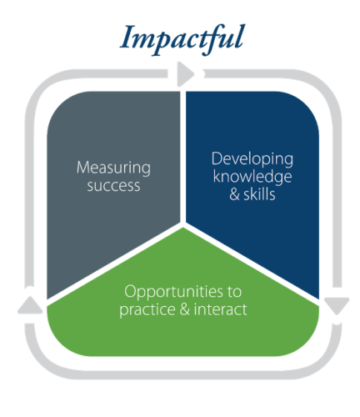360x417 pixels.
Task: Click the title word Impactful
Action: pyautogui.click(x=182, y=39)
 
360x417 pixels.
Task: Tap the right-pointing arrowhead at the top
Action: pyautogui.click(x=186, y=74)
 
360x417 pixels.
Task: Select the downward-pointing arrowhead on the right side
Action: pyautogui.click(x=337, y=305)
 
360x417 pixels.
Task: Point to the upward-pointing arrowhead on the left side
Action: pyautogui.click(x=30, y=305)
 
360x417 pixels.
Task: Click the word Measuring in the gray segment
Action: pyautogui.click(x=113, y=168)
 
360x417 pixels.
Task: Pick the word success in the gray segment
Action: pyautogui.click(x=113, y=186)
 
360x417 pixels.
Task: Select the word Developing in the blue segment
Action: pyautogui.click(x=252, y=159)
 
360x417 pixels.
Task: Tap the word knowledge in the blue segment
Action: pyautogui.click(x=252, y=177)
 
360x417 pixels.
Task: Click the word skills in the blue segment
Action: pyautogui.click(x=259, y=194)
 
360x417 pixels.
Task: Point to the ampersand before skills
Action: pyautogui.click(x=234, y=194)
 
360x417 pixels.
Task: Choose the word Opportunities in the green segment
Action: pyautogui.click(x=173, y=292)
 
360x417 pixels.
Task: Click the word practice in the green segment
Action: pyautogui.click(x=147, y=310)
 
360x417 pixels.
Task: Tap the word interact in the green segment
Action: pyautogui.click(x=220, y=309)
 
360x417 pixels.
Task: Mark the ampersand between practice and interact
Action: pyautogui.click(x=185, y=309)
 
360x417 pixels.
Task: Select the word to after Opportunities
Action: pyautogui.click(x=234, y=292)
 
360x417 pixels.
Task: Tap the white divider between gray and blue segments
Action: pyautogui.click(x=182, y=157)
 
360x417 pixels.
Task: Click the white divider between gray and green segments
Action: pyautogui.click(x=114, y=263)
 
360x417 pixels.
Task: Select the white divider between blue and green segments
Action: pyautogui.click(x=251, y=262)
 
